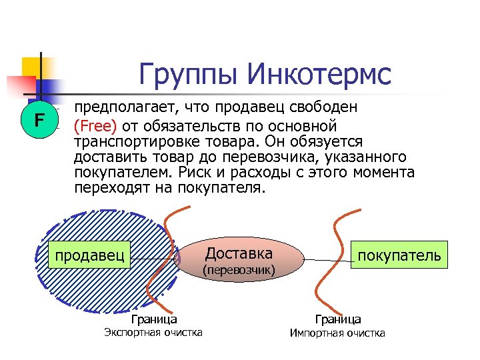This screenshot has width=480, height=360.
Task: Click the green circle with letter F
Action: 39,121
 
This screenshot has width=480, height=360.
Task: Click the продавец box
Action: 90,255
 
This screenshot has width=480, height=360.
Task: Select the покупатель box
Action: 399,255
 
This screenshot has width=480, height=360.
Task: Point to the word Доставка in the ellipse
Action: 239,253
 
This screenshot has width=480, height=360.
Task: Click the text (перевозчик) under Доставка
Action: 239,270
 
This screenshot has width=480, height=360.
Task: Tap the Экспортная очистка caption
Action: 154,332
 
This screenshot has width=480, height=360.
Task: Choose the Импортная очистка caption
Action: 337,333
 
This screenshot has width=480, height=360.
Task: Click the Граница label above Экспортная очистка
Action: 154,319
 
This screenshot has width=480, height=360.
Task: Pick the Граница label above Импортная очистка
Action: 338,319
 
